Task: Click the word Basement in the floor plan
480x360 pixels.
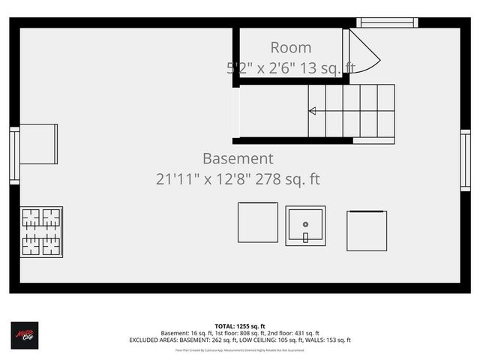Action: coord(238,159)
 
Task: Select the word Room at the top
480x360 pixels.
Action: coord(290,48)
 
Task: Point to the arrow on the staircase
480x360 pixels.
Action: coord(312,111)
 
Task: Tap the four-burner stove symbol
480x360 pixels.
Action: coord(41,232)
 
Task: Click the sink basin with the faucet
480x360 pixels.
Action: coord(305,226)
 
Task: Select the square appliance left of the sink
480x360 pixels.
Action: coord(257,222)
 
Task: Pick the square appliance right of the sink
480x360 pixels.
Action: coord(367,231)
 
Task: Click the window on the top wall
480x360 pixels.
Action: coord(387,22)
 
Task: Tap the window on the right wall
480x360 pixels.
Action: coord(465,160)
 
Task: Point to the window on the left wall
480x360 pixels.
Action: coord(14,155)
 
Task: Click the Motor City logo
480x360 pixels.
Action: coord(24,334)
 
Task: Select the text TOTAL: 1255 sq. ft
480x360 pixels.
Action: coord(240,326)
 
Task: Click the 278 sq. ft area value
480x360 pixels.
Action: coord(289,179)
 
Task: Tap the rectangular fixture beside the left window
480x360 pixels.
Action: coord(38,144)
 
